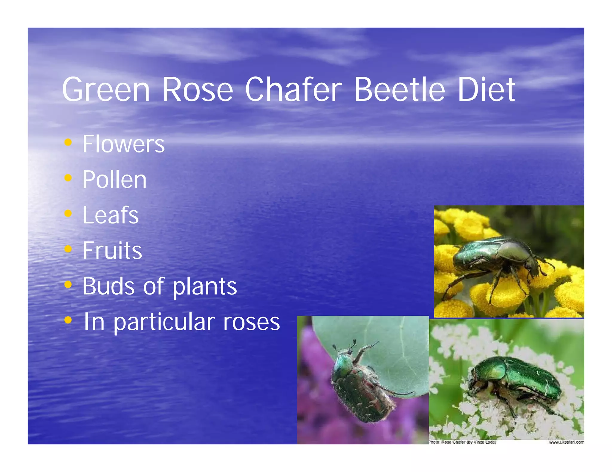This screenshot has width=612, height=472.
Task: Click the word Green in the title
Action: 106,90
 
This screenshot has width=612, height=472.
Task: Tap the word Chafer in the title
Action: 293,90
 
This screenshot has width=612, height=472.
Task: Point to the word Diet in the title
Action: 486,90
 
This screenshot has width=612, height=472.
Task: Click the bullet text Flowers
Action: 123,144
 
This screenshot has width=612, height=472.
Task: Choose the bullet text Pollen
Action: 114,180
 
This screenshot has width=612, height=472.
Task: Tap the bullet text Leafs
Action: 111,215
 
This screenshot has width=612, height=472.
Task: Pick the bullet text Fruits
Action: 112,251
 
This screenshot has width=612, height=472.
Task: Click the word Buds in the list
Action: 108,286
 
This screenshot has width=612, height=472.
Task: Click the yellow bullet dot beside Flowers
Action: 68,142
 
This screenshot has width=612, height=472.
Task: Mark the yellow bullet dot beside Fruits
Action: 68,249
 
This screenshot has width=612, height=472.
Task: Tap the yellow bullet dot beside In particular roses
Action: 68,320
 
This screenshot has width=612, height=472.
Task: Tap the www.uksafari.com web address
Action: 566,442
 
